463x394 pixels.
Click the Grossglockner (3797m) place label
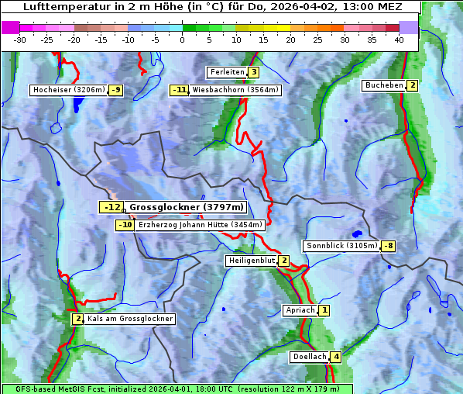186,207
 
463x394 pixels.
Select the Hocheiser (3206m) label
68,90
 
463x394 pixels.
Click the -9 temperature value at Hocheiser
115,90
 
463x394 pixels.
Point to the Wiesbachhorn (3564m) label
235,90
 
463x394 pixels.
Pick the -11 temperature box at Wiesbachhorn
180,90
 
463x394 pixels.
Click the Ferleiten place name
227,72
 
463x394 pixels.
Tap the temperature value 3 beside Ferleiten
253,72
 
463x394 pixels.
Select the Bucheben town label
384,85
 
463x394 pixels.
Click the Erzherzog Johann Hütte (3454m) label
201,225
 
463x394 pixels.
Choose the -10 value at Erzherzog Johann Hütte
125,225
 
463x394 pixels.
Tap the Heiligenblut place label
251,261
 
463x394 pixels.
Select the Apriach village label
300,310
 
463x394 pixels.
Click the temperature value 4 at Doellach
336,357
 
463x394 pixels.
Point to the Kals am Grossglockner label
129,319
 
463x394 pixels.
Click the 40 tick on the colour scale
399,39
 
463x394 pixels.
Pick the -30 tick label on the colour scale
20,39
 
